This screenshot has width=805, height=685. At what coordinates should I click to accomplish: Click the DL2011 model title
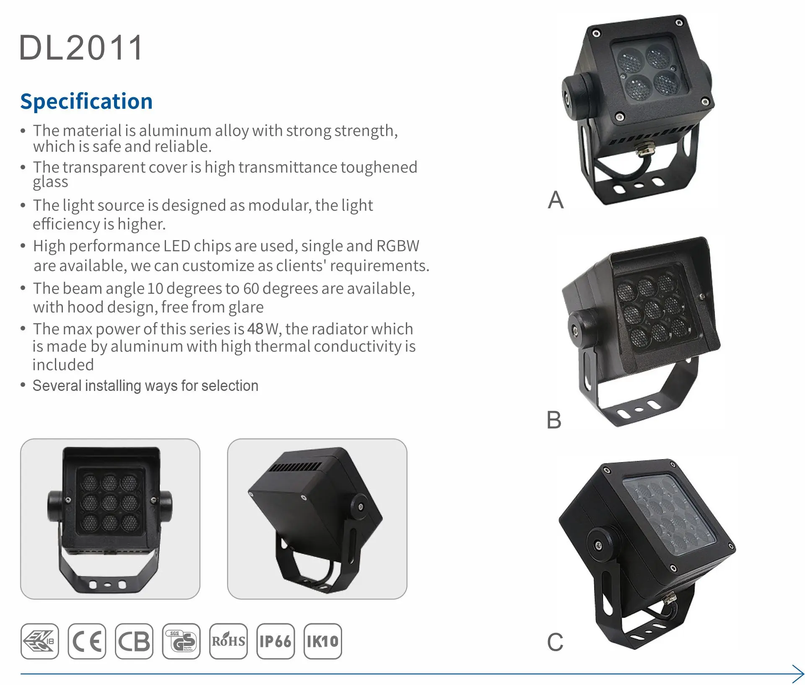click(81, 48)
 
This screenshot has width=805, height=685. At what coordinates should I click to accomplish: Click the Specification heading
click(86, 101)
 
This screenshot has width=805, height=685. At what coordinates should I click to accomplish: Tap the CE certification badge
click(87, 641)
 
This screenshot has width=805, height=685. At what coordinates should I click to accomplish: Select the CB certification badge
click(134, 641)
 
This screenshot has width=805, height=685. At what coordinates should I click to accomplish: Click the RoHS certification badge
click(229, 641)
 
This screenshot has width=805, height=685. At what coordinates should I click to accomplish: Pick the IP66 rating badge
click(275, 641)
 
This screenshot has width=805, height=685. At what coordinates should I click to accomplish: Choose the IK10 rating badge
click(322, 641)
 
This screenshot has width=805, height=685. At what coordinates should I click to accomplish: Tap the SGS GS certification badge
click(182, 641)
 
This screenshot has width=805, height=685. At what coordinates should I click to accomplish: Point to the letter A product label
click(556, 200)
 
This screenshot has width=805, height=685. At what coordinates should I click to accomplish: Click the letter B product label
click(554, 420)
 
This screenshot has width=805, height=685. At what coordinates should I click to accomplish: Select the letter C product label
click(555, 642)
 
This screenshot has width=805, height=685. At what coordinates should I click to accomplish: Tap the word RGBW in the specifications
click(398, 246)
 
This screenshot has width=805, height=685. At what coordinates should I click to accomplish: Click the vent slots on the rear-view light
click(295, 467)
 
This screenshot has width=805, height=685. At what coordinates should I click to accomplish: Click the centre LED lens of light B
click(652, 310)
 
